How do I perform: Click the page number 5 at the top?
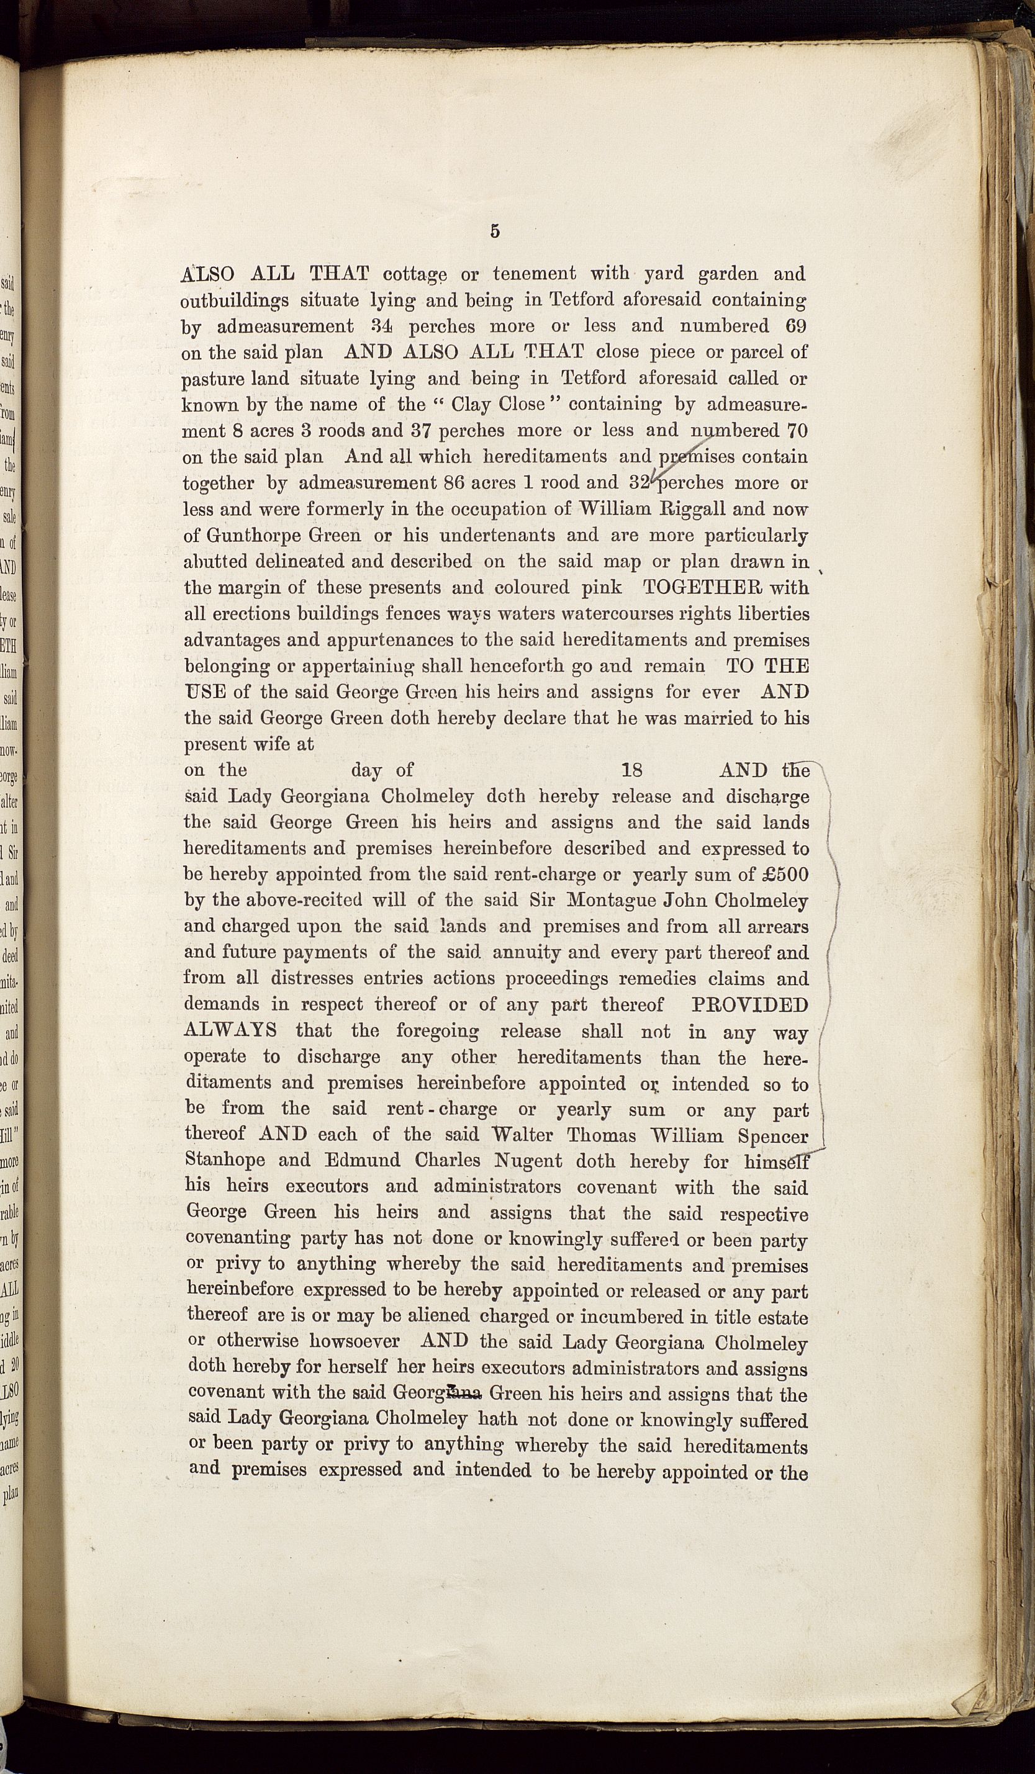click(x=495, y=231)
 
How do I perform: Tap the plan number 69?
click(x=793, y=326)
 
